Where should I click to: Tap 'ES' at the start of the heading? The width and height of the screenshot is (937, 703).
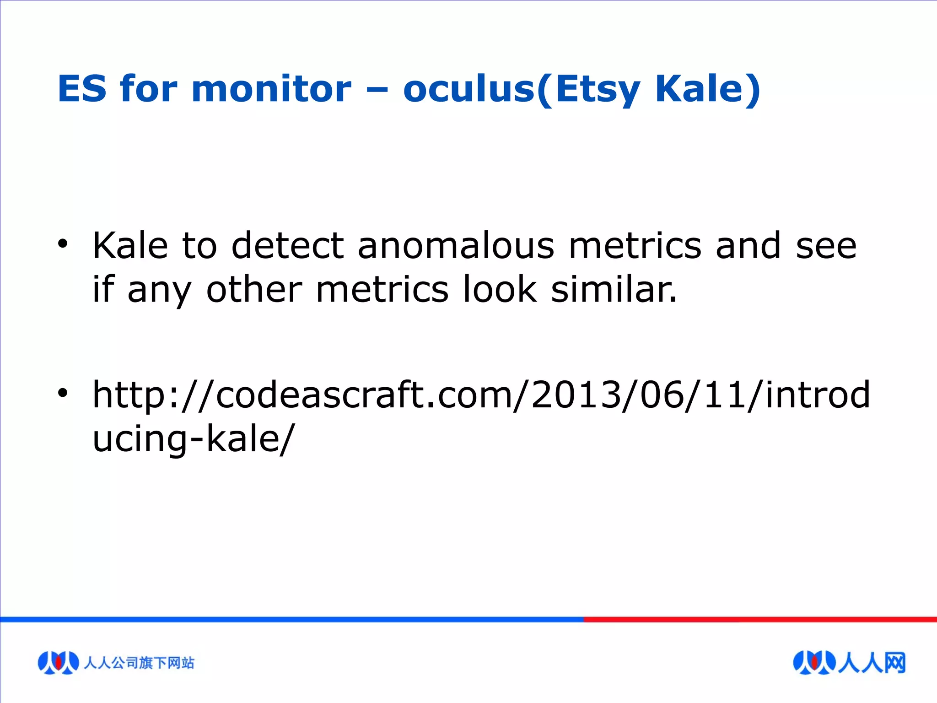pyautogui.click(x=82, y=89)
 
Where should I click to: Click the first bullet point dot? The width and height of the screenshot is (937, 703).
pyautogui.click(x=63, y=244)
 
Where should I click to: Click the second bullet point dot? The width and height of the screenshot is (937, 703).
pyautogui.click(x=63, y=393)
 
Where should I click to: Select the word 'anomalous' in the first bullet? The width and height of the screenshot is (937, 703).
pyautogui.click(x=456, y=246)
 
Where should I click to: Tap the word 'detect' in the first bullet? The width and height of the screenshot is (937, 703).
pyautogui.click(x=287, y=246)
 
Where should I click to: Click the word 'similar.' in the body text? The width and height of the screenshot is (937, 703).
pyautogui.click(x=614, y=290)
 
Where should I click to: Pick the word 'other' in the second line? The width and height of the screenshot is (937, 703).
pyautogui.click(x=254, y=290)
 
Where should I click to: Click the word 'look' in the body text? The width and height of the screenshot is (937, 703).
pyautogui.click(x=500, y=290)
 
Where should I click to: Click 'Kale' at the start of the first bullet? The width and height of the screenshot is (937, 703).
pyautogui.click(x=130, y=246)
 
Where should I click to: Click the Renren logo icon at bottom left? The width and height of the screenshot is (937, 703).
pyautogui.click(x=58, y=662)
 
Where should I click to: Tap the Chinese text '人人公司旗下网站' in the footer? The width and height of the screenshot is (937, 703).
pyautogui.click(x=139, y=663)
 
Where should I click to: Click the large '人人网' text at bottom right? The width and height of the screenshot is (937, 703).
pyautogui.click(x=872, y=663)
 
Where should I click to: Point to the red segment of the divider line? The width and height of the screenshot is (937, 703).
pyautogui.click(x=759, y=619)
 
